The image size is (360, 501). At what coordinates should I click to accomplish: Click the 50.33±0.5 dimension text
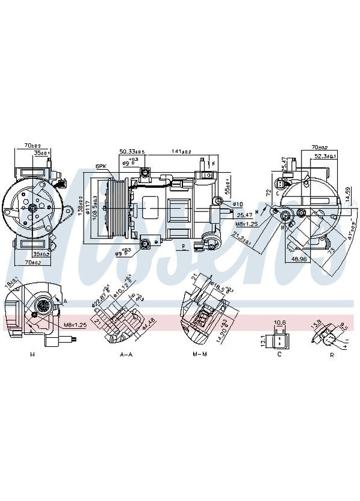point(132,152)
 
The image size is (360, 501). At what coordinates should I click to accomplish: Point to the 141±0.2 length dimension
point(181,152)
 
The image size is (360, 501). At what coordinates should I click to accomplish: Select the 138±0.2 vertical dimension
point(80,207)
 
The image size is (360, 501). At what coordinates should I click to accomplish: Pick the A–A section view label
point(126,354)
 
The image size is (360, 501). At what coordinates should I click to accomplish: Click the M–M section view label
point(200,354)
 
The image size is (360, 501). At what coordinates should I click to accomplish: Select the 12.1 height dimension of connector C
point(262,341)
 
